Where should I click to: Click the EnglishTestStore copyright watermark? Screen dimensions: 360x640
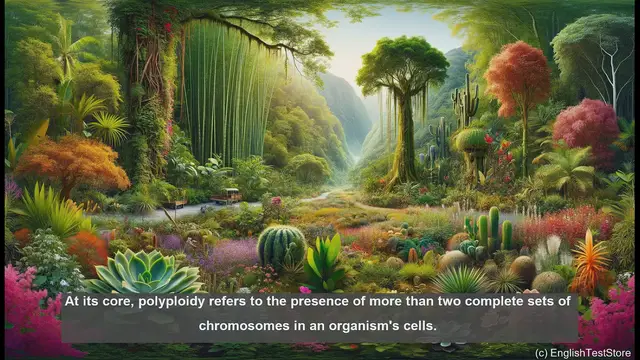coord(583,352)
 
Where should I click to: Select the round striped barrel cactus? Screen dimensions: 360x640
coord(282,245)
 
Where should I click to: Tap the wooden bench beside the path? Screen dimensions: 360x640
coord(228,196)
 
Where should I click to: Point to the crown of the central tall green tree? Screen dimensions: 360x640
coord(402,65)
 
